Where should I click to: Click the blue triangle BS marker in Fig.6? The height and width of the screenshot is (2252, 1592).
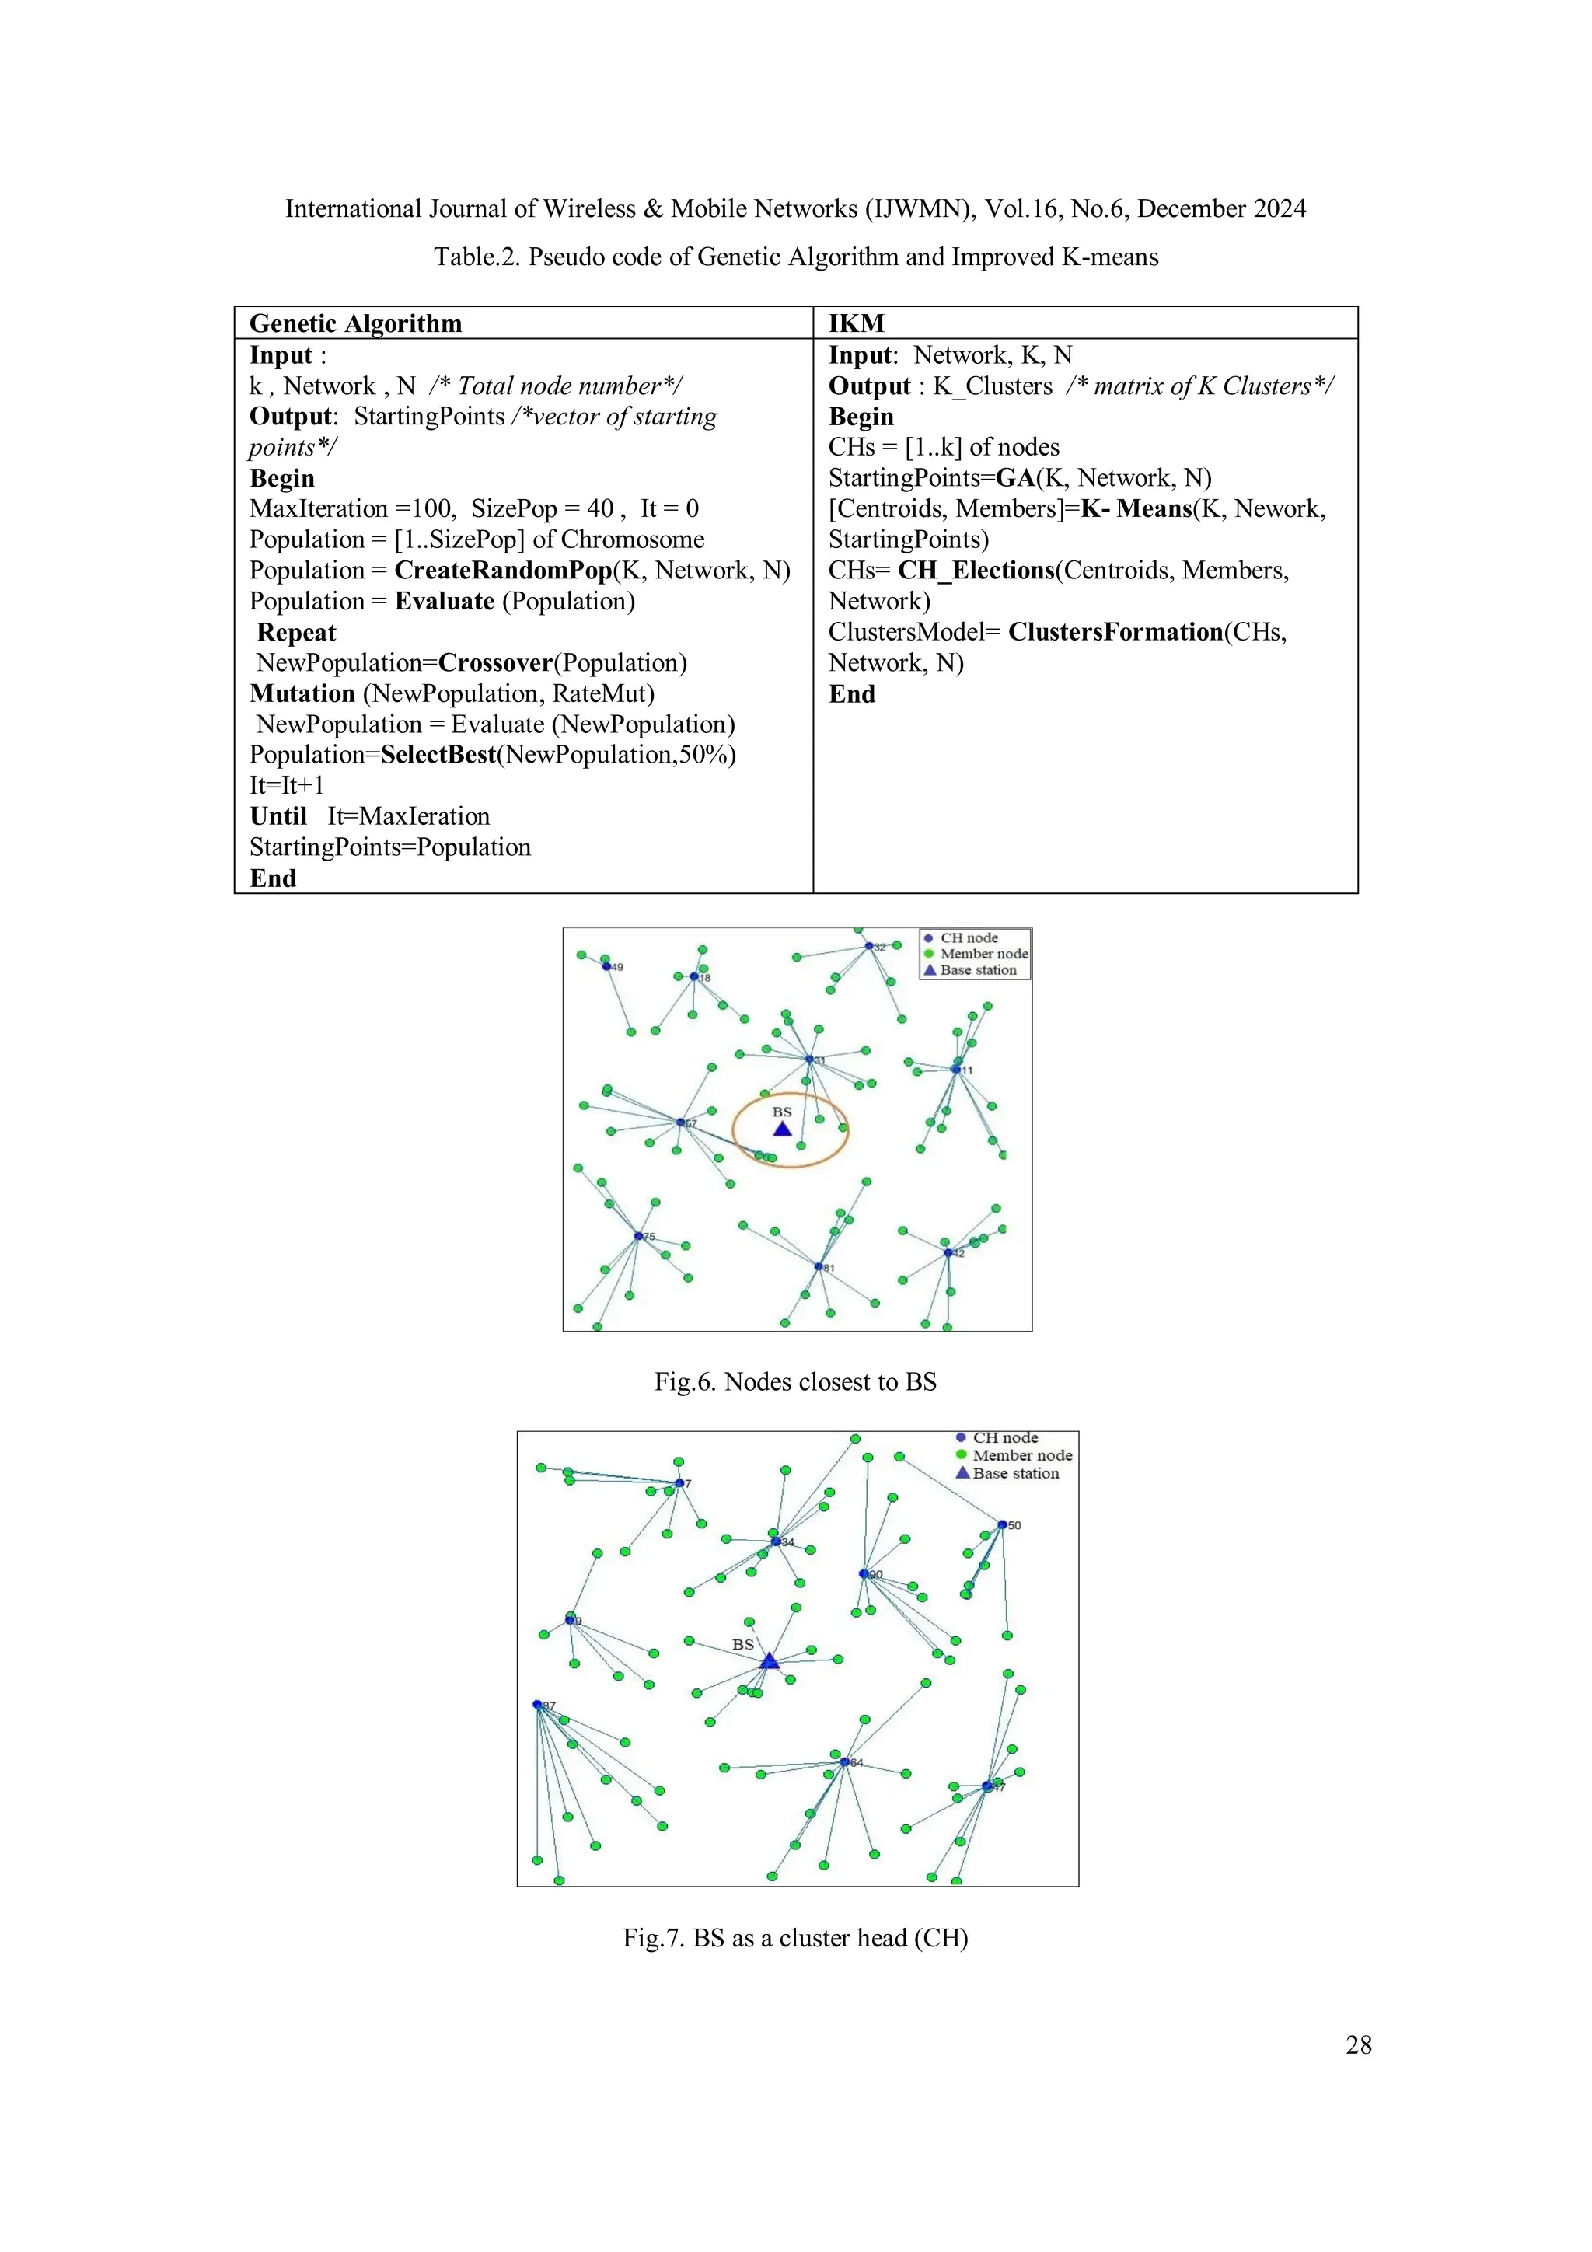[782, 1129]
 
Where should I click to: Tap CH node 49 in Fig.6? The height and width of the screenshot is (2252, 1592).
[606, 966]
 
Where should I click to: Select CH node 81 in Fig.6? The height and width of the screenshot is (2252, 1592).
[818, 1266]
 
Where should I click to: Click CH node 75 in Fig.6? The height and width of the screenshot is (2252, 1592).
[638, 1236]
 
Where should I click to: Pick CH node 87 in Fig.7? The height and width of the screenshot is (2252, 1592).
[537, 1705]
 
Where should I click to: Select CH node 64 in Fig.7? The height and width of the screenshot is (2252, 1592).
[843, 1761]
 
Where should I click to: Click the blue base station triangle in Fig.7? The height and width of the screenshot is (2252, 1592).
[769, 1660]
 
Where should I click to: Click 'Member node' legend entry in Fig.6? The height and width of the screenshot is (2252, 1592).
[983, 953]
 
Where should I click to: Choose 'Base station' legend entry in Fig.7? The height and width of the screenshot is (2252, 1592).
[1014, 1473]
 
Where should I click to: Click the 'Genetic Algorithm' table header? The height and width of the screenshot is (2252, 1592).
[355, 323]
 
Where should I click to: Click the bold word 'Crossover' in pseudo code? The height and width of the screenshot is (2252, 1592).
[495, 663]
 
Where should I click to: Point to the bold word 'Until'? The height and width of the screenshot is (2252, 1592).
[278, 816]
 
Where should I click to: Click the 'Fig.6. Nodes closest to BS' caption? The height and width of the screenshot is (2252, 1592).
[794, 1382]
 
